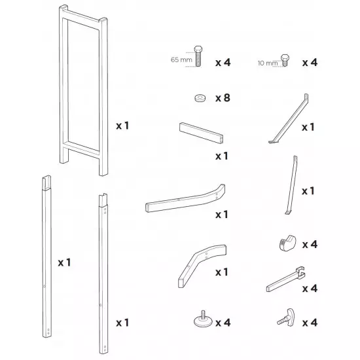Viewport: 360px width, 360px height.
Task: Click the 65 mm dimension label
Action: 181,60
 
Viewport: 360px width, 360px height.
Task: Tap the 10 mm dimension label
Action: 268,63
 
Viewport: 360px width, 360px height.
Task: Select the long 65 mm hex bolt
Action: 198,56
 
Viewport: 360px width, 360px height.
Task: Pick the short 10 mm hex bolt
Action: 285,60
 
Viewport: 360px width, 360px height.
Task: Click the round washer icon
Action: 200,98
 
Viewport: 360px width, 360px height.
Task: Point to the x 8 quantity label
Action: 223,98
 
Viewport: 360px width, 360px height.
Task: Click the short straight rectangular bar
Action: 202,133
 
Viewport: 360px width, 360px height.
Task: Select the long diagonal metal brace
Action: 289,118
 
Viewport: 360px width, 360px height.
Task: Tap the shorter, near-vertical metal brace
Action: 291,185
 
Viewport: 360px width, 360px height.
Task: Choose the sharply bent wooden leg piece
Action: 199,262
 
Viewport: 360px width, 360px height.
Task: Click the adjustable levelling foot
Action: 203,319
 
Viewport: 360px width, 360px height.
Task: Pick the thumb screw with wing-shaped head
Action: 285,317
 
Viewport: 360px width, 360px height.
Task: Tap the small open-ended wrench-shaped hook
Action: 286,279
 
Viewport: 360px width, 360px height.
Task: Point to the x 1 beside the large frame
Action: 122,126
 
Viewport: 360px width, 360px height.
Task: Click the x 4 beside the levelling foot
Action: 223,323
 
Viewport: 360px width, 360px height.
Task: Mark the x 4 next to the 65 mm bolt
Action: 223,62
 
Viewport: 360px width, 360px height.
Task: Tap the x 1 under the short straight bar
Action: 222,156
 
